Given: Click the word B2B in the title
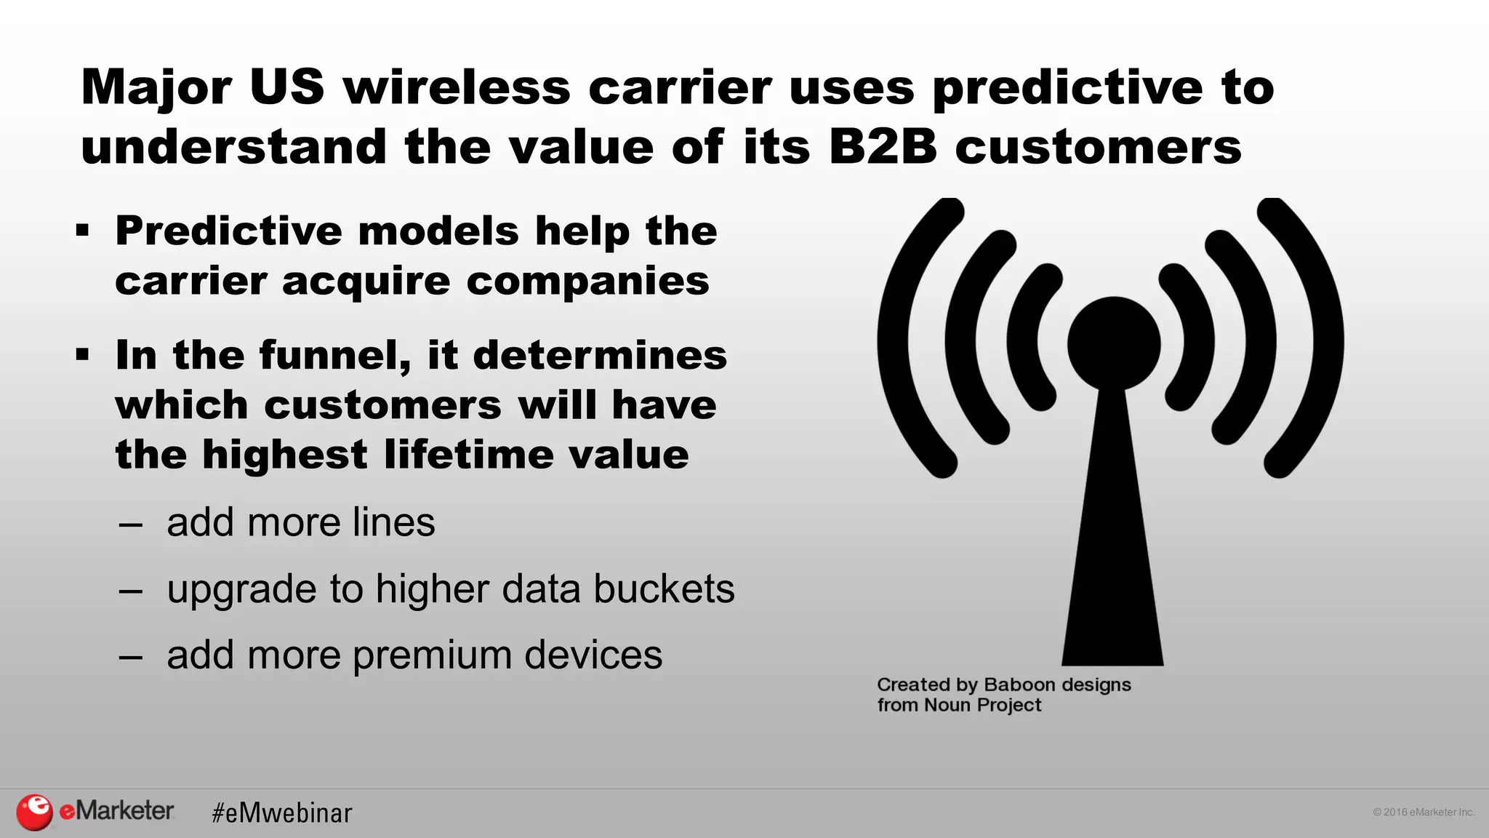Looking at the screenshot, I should coord(883,146).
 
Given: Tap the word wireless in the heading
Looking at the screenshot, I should coord(457,87).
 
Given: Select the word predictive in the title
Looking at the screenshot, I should coord(1067,87).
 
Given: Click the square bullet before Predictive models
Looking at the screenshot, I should coord(82,231).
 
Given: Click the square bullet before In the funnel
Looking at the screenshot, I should coord(82,355).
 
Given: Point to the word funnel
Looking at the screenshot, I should coord(335,356).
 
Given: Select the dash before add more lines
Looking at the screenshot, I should coord(131,524).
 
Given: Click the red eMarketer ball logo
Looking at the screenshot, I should coord(34,812).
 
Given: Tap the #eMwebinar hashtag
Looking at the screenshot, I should coord(281,813).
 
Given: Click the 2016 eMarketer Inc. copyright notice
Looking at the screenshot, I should coord(1423,812).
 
